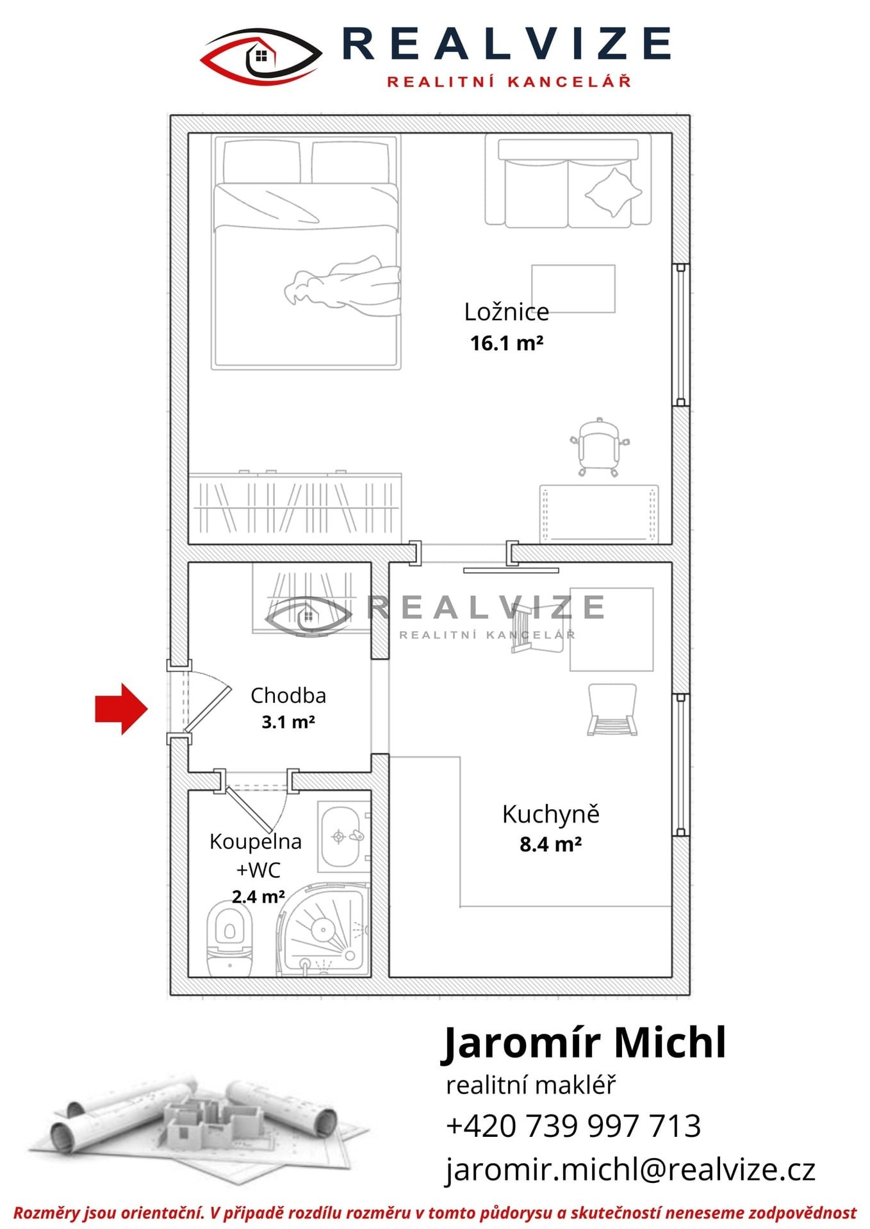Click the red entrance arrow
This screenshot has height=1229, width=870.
click(x=122, y=709)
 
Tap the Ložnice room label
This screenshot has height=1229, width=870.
click(x=507, y=312)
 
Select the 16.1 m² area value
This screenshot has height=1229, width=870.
click(x=507, y=343)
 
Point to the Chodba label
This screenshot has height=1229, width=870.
click(x=288, y=695)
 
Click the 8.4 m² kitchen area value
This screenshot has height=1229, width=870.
click(x=551, y=844)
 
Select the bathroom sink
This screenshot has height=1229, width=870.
click(x=344, y=837)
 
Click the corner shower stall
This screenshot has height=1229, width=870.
click(x=324, y=929)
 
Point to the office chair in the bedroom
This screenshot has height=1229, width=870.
click(x=600, y=447)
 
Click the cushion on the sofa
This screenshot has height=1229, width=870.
click(x=613, y=191)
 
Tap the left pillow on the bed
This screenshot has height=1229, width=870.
click(x=262, y=161)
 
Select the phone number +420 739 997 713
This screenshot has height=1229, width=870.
click(x=573, y=1125)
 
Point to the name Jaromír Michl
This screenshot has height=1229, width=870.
click(x=584, y=1043)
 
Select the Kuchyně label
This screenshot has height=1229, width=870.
click(x=551, y=814)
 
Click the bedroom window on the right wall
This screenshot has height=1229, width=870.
click(x=680, y=335)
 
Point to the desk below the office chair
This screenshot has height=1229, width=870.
click(x=599, y=513)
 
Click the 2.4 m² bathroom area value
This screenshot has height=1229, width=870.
click(x=258, y=897)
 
